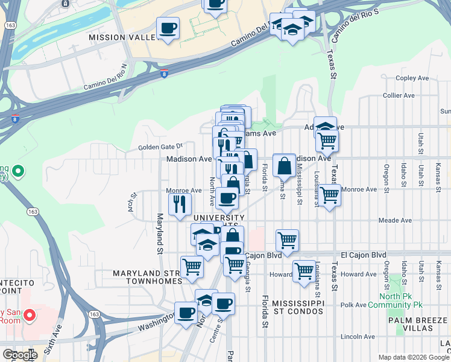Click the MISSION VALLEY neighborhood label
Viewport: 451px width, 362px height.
124,37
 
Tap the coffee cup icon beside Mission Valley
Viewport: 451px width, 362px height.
168,28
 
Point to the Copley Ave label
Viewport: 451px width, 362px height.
412,78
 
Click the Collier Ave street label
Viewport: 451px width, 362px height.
399,95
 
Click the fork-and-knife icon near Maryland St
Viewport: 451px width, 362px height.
180,203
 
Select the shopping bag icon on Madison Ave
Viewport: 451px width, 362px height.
283,165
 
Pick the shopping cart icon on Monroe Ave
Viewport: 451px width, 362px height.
329,195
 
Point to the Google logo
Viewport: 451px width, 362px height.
19,355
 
